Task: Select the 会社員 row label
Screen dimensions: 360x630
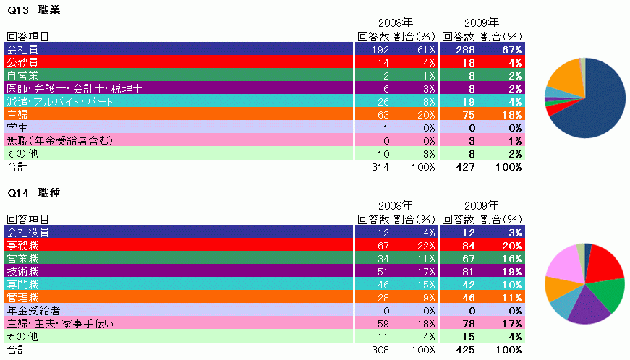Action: [x=22, y=49]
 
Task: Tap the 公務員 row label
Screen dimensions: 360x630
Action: [x=22, y=62]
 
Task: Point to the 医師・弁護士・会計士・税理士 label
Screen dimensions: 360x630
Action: [x=75, y=88]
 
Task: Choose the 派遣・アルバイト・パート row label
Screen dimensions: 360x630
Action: [x=60, y=101]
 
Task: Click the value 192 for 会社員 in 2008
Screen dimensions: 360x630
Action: [x=380, y=49]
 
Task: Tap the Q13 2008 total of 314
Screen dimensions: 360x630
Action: [x=380, y=167]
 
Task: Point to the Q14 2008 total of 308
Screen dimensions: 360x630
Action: [x=380, y=350]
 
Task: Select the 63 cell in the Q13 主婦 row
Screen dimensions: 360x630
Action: [x=383, y=114]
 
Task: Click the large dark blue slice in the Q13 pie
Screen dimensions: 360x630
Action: [x=600, y=101]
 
